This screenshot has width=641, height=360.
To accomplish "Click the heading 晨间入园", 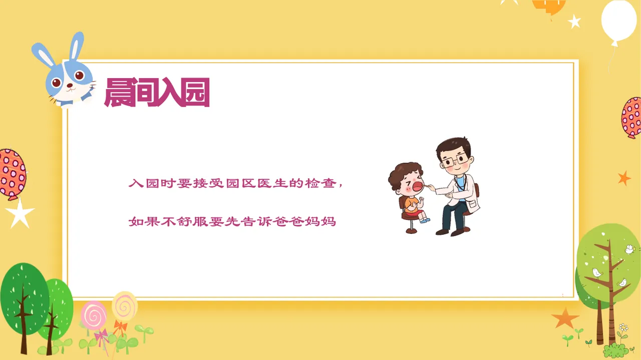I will [156, 93].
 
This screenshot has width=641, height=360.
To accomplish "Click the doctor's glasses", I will [454, 161].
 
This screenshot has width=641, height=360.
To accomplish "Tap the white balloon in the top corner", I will [618, 20].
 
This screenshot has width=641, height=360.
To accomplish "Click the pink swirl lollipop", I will [94, 315].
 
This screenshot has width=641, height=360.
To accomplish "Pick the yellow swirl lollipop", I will [124, 305].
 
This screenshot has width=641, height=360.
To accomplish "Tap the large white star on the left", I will [20, 213].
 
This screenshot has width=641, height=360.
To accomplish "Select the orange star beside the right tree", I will [565, 317].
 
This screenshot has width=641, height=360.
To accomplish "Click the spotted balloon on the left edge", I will [11, 173].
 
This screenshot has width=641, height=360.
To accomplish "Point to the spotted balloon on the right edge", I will [631, 117].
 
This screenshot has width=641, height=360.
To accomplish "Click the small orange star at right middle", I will [624, 178].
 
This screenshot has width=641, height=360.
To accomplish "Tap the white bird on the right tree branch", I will [597, 272].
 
